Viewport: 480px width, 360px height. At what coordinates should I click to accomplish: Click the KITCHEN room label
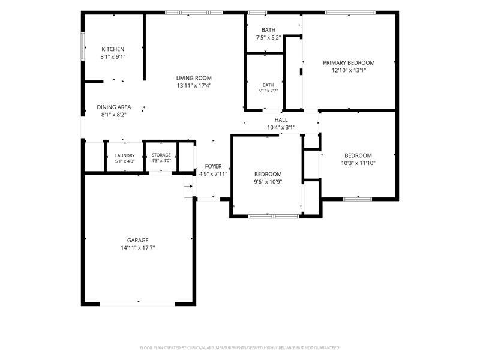pos(113,49)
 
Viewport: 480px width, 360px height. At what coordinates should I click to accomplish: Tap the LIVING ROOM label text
pos(194,78)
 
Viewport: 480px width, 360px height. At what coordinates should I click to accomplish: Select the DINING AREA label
pos(114,107)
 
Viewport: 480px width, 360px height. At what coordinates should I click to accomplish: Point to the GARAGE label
pos(138,241)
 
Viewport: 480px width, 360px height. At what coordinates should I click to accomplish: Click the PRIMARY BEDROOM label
pos(349,63)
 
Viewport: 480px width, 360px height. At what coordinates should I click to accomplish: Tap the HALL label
pos(281,119)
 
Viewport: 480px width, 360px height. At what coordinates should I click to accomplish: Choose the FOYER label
pos(214,166)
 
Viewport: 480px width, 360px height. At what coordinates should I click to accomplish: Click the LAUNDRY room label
pos(125,155)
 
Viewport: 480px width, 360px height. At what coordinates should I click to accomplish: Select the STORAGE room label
pos(161,155)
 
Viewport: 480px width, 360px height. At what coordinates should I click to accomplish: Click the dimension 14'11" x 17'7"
pos(138,248)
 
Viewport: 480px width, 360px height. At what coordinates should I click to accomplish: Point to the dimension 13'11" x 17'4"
pos(194,86)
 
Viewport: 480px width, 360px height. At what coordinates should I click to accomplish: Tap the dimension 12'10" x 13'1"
pos(349,70)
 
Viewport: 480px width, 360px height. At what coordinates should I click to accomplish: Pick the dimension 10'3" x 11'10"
pos(358,163)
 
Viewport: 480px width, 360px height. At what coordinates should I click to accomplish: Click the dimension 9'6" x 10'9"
pos(268,182)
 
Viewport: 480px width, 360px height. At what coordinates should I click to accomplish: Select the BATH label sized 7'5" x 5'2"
pos(268,30)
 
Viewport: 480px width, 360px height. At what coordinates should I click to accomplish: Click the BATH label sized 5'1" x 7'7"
pos(268,85)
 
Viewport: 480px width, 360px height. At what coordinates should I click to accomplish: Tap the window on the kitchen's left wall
pos(83,46)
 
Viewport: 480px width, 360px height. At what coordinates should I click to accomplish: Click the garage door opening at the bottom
pos(137,304)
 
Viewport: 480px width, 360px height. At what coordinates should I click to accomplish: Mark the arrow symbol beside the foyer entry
pos(190,186)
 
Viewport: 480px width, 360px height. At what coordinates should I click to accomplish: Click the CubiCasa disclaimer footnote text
pos(239,348)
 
